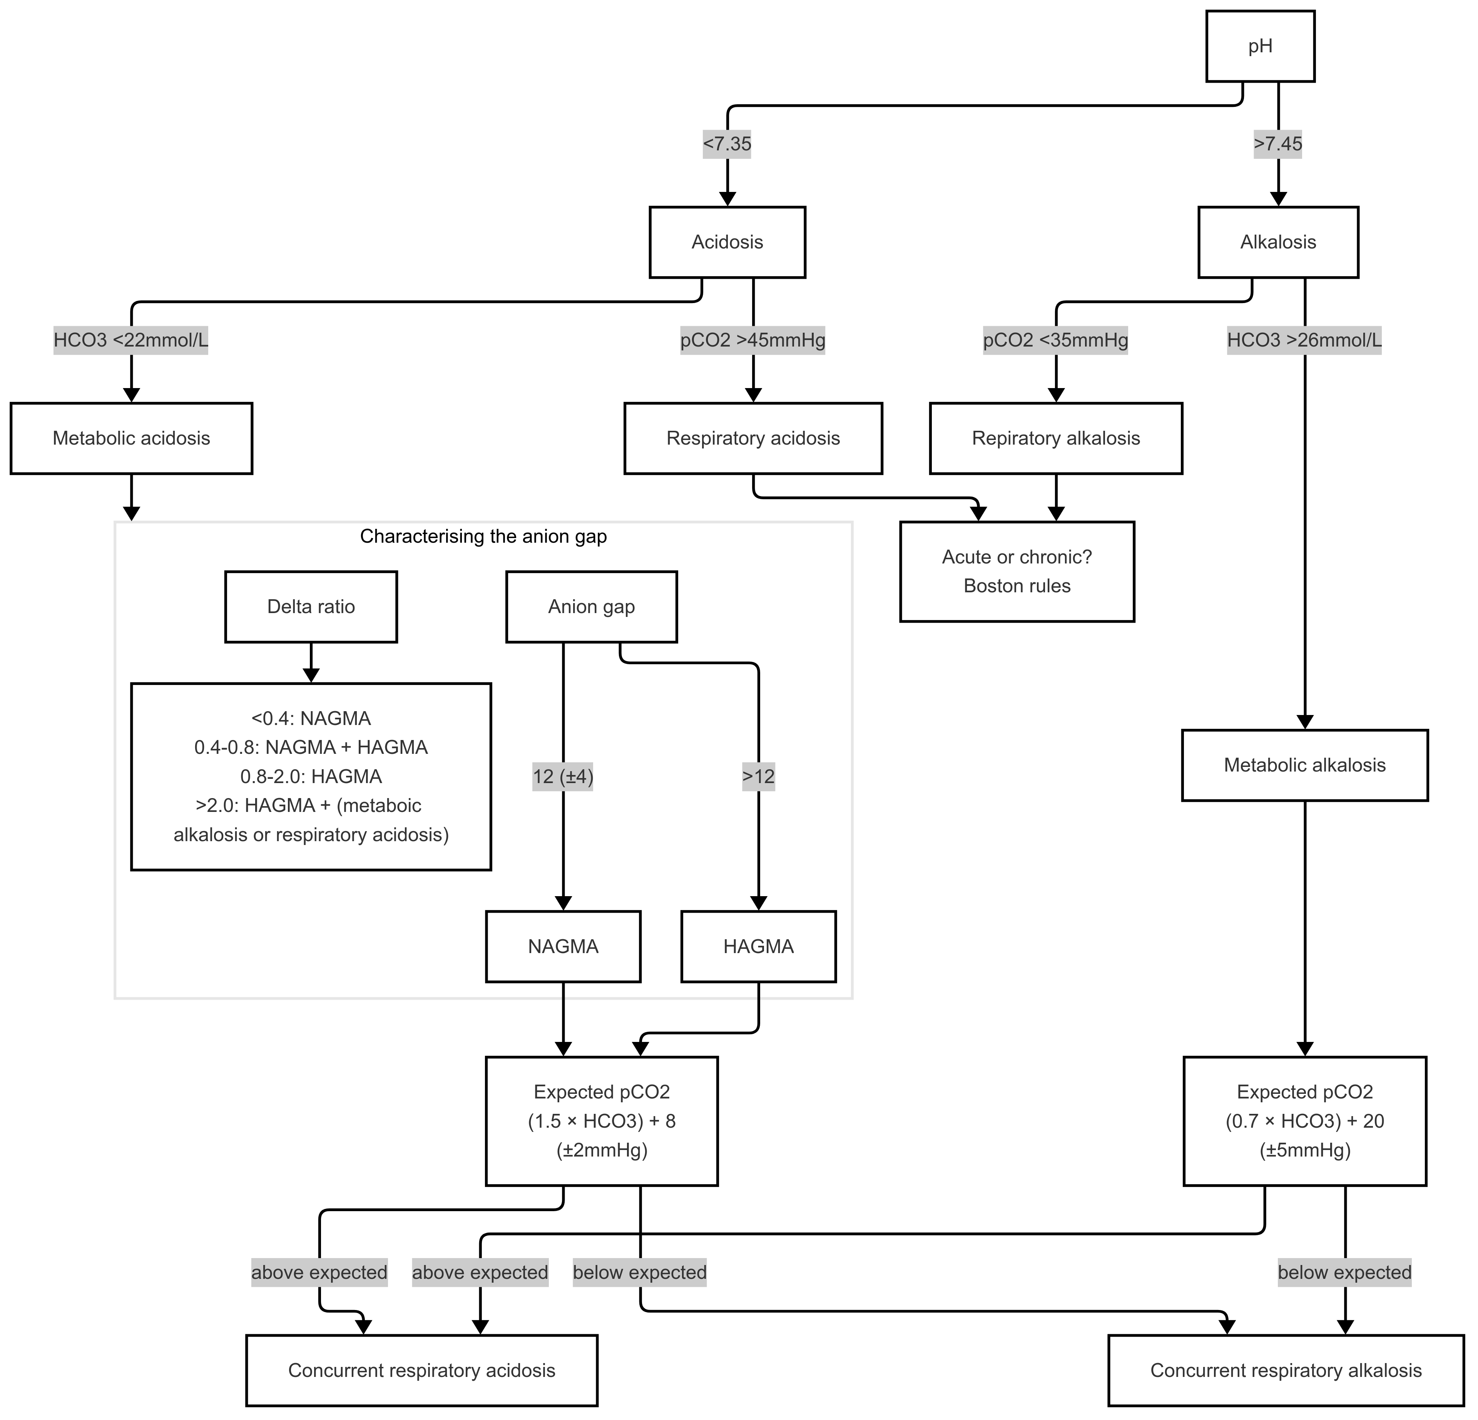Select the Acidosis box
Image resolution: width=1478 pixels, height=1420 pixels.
[727, 242]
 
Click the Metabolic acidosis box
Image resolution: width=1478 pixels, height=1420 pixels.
[131, 438]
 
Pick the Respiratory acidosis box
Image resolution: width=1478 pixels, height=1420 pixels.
[752, 438]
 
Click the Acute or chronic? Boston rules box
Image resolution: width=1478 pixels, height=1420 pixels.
[1017, 571]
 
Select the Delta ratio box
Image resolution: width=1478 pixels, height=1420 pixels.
[311, 607]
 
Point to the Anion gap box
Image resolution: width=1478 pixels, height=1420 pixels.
[591, 607]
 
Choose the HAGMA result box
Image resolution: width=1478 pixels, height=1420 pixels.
[758, 947]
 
